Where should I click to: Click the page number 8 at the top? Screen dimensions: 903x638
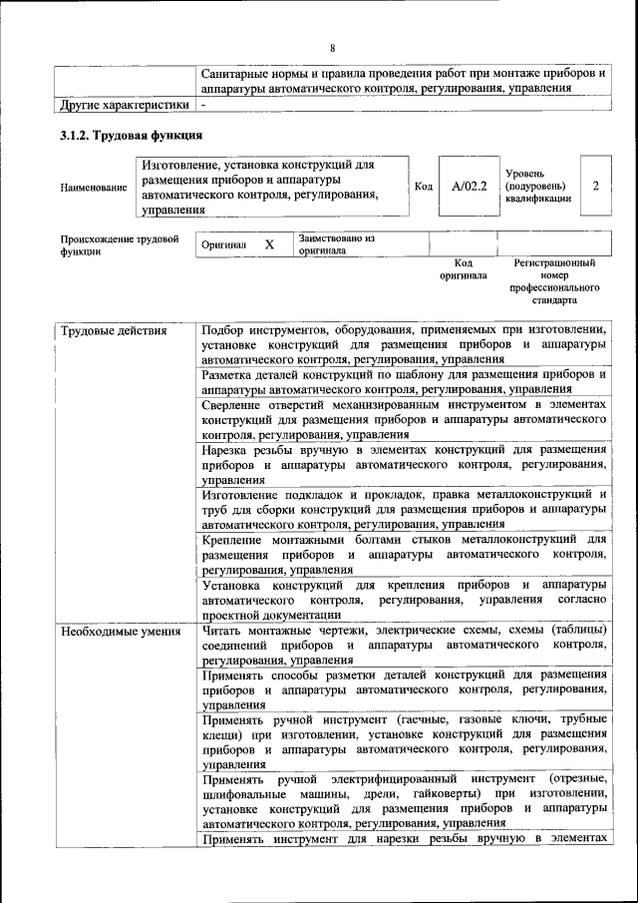tap(332, 47)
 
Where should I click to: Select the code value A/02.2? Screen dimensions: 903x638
tap(469, 185)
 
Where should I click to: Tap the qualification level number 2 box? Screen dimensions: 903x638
tap(595, 185)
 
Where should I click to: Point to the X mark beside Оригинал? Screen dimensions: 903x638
tap(269, 243)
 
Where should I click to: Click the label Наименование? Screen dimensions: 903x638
tap(94, 187)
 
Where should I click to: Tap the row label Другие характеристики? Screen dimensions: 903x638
tap(125, 104)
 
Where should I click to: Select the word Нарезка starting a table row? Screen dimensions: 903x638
tap(230, 450)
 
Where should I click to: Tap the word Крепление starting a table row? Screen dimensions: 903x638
tap(237, 540)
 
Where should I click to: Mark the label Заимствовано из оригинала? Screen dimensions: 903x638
tap(336, 244)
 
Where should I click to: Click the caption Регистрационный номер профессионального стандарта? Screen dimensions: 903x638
tap(554, 281)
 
